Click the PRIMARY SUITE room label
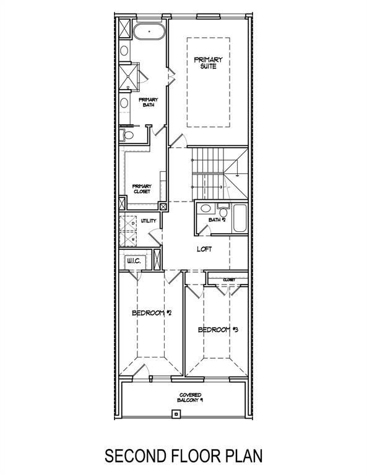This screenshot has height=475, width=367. pos(208,62)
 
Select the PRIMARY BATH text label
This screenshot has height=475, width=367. pos(149,102)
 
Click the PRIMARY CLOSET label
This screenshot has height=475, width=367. pos(142,188)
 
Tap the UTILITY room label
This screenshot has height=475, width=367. pos(149,220)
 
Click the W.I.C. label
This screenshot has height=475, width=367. pos(134,262)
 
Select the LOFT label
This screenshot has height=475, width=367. pos(205,249)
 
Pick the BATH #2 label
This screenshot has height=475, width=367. pos(217,220)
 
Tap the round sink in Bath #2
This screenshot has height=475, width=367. pos(205,208)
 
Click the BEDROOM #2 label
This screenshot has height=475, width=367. pos(151,314)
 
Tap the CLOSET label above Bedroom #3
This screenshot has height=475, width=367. pos(228,280)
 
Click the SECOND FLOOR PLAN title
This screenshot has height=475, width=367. pos(183,456)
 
